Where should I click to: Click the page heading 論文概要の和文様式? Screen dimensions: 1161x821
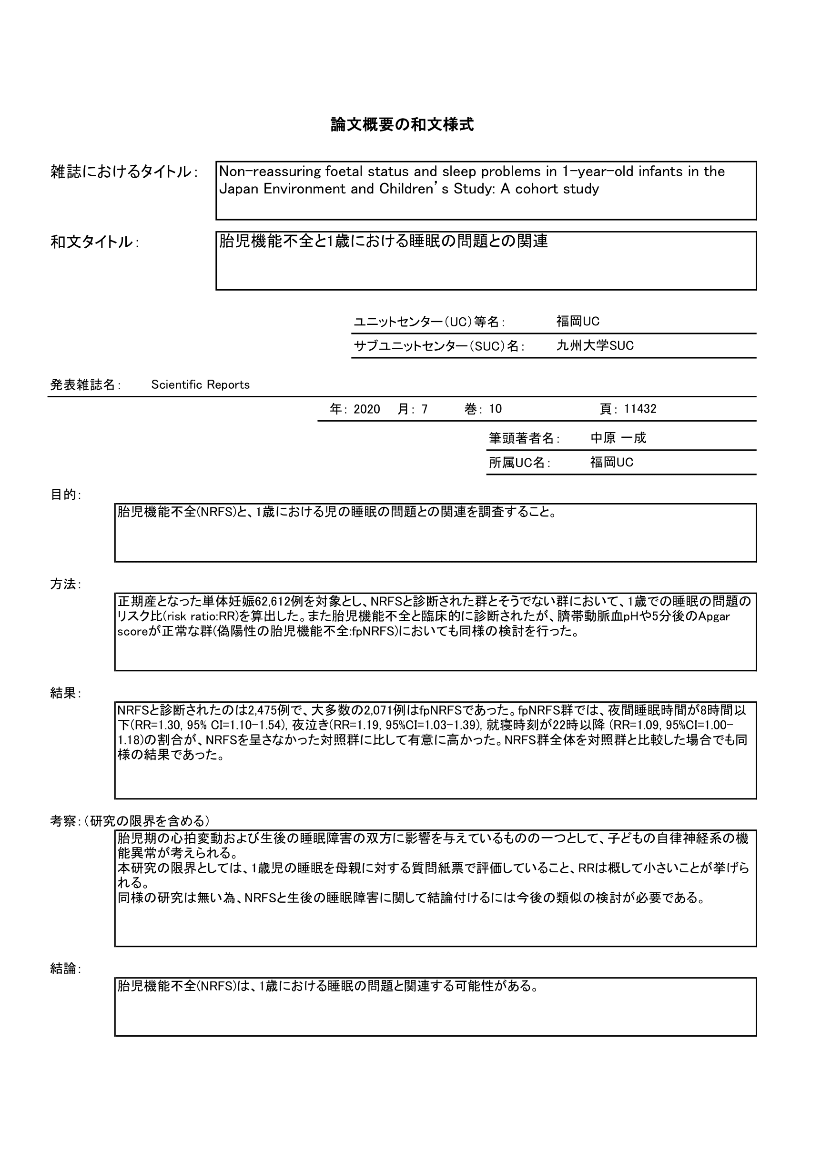[x=402, y=124]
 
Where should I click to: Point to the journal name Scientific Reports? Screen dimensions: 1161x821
[x=200, y=385]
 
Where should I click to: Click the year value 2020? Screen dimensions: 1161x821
[x=367, y=409]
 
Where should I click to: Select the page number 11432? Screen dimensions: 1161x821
[x=640, y=409]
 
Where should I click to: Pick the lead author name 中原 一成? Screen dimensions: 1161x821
[x=618, y=438]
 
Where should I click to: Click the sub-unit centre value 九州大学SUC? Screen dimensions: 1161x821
[x=595, y=346]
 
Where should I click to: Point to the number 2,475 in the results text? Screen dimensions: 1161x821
[x=263, y=710]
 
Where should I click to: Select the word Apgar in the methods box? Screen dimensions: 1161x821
[x=713, y=617]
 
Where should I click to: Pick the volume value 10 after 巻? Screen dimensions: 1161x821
[x=495, y=409]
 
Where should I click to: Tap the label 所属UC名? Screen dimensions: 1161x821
[x=518, y=463]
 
